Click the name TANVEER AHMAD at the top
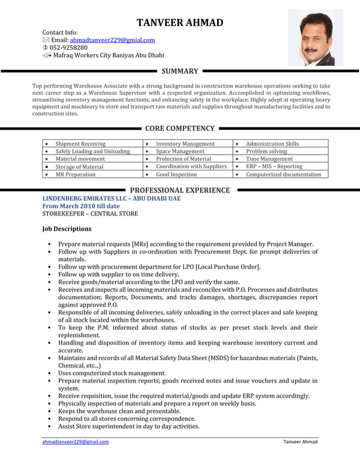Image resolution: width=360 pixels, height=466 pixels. pos(180,23)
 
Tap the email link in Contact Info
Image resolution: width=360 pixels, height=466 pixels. pos(112,40)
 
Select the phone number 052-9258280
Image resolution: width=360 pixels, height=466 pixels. pos(68,48)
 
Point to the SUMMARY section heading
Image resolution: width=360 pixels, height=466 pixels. pos(179,71)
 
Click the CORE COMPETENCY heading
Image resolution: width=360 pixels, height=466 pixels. pos(179,129)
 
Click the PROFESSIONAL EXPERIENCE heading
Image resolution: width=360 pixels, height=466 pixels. pos(179,190)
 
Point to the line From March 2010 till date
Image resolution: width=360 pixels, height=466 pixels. pos(81,206)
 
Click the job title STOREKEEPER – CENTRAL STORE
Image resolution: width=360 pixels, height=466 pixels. pos(90,214)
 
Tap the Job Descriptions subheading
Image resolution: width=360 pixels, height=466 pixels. pos(67,229)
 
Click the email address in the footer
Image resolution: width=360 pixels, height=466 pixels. pos(76,442)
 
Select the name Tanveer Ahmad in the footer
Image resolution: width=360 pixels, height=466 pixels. pos(300,442)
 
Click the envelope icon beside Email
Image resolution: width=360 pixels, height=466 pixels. pos(46,41)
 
